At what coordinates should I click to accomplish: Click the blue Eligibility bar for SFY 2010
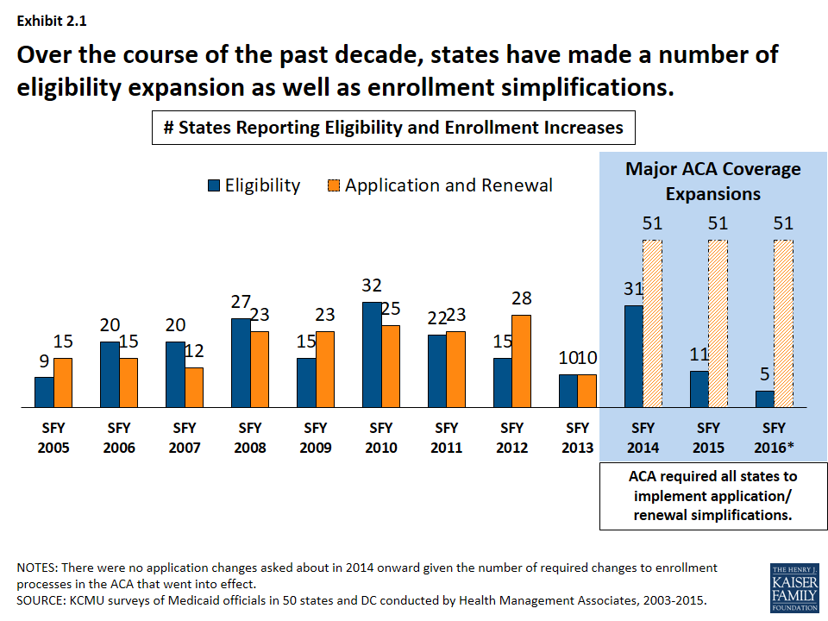[372, 354]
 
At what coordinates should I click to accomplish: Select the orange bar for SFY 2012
[521, 361]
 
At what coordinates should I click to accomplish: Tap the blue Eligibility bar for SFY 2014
[634, 355]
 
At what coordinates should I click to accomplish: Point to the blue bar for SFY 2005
[44, 392]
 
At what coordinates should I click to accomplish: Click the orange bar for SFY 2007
[193, 387]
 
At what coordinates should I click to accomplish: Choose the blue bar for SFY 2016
[765, 398]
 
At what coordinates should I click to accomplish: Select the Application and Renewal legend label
[448, 185]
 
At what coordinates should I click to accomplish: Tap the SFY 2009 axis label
[316, 437]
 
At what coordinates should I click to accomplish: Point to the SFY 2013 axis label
[577, 437]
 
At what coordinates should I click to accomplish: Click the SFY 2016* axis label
[775, 437]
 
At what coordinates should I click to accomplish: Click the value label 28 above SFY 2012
[521, 299]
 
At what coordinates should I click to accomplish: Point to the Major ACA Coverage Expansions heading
[712, 181]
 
